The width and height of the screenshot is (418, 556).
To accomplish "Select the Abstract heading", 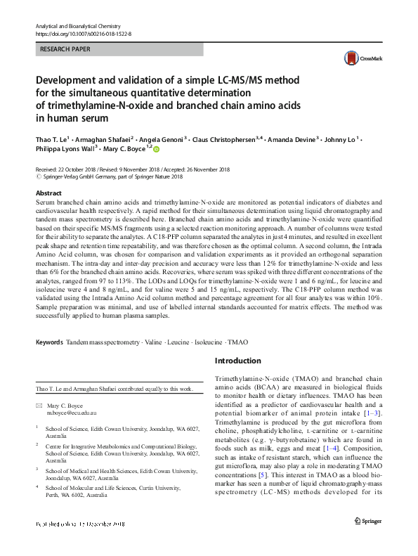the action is (48, 193).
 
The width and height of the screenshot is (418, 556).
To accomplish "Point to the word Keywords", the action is (49, 342).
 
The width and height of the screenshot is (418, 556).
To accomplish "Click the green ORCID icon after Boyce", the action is (157, 149).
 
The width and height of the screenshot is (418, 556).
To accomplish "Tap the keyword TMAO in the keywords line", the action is (237, 342).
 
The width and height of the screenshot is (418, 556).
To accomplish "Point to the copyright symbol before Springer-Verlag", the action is (38, 178).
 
